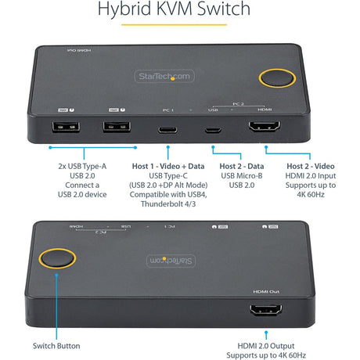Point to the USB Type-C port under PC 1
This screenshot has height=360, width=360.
coord(168,130)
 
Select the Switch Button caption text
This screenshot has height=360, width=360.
coord(56,345)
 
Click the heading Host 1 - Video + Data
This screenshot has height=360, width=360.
coord(167,165)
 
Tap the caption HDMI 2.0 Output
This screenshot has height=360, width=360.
coord(272,345)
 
